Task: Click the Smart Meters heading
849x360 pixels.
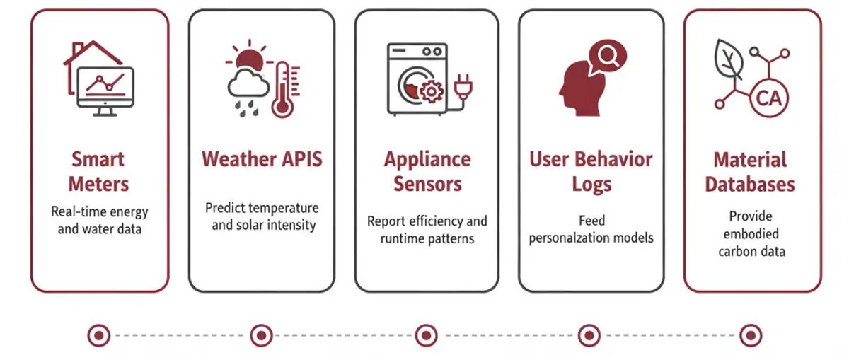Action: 99,171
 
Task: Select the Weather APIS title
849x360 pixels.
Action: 262,158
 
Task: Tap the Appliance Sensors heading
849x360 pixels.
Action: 427,171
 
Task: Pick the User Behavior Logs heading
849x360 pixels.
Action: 591,171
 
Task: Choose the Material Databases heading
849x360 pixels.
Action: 750,172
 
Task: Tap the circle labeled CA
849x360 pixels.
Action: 768,98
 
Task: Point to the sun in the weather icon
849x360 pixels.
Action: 250,60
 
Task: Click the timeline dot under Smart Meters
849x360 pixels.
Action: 99,335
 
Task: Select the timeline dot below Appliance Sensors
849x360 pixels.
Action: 426,335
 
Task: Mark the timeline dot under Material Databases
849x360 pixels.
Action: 750,335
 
